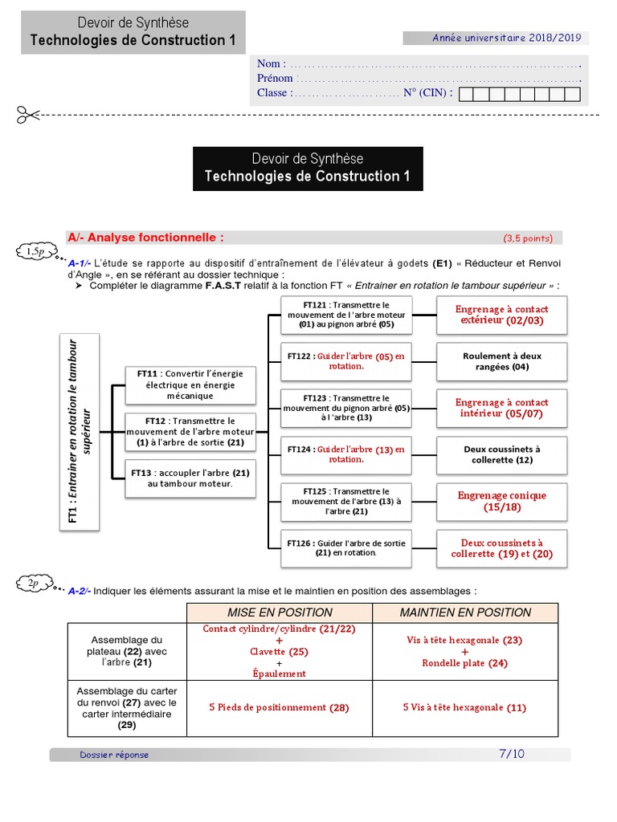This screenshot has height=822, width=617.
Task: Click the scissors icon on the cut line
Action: (x=27, y=115)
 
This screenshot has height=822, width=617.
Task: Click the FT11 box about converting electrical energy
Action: (x=190, y=385)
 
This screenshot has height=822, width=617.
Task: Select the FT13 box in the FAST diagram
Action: (x=190, y=478)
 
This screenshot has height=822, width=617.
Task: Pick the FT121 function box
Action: (x=346, y=315)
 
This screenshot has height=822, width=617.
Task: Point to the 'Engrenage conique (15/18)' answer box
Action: (x=502, y=502)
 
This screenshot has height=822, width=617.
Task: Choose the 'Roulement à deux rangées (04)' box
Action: (x=502, y=361)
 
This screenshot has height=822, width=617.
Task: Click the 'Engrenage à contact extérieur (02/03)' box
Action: (x=502, y=315)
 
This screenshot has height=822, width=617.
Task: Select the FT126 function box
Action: (x=346, y=548)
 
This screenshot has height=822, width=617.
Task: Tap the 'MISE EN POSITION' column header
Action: (x=280, y=612)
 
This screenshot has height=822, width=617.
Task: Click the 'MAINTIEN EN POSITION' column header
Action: (x=465, y=612)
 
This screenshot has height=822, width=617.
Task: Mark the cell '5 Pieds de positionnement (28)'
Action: (x=280, y=707)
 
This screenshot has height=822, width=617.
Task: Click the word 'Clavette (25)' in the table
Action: (x=280, y=652)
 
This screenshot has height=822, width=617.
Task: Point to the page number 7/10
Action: (x=511, y=754)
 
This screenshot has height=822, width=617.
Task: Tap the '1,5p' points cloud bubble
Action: (x=35, y=252)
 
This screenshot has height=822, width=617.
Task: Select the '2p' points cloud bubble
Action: (x=35, y=584)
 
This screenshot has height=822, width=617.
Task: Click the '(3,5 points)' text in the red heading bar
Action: (x=528, y=238)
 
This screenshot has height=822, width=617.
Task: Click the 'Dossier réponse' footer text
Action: (x=114, y=755)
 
